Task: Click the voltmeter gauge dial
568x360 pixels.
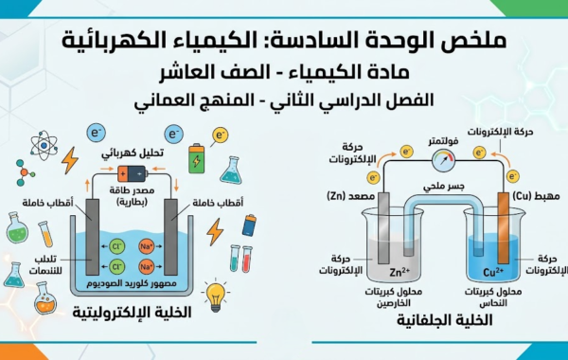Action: (441, 158)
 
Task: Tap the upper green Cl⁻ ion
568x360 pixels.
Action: (118, 243)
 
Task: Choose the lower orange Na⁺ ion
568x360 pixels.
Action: (145, 266)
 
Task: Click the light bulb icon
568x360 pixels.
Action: (216, 294)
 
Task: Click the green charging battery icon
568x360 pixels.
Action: (197, 157)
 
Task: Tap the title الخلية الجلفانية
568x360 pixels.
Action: (440, 322)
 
